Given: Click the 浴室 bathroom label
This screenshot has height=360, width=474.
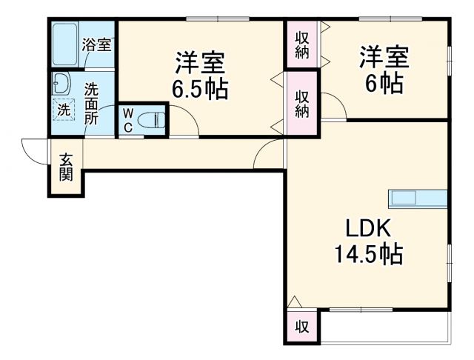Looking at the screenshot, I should pyautogui.click(x=96, y=45).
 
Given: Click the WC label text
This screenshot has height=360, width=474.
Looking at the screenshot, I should pyautogui.click(x=128, y=120).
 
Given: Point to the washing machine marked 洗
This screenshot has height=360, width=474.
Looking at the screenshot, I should pyautogui.click(x=64, y=109).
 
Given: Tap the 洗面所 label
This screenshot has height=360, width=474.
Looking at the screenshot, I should pyautogui.click(x=93, y=102).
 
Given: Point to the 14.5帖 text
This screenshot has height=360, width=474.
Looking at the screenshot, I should pyautogui.click(x=367, y=254).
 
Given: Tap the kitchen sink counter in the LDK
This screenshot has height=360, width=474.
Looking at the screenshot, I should pyautogui.click(x=418, y=199).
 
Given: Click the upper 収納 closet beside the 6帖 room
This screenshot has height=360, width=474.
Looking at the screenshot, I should pyautogui.click(x=303, y=44).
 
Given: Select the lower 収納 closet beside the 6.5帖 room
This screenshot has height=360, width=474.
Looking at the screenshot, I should pyautogui.click(x=302, y=102).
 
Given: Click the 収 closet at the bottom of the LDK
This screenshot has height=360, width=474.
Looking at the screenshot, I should pyautogui.click(x=302, y=325).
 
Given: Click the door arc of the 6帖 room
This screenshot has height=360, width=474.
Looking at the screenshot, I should pyautogui.click(x=333, y=108).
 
